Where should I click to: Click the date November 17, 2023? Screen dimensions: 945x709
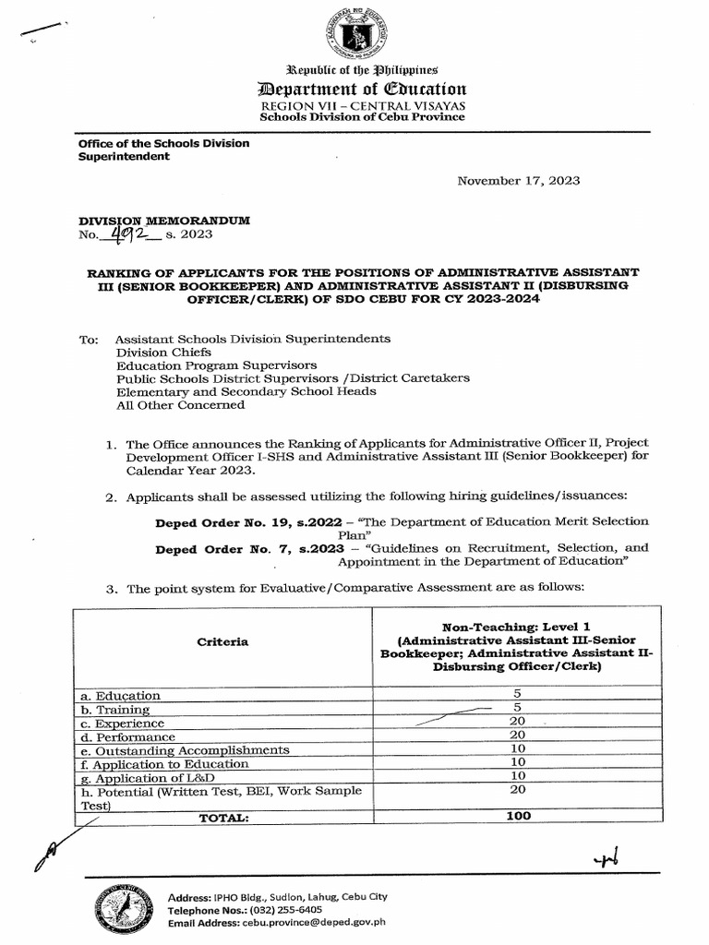click(x=519, y=181)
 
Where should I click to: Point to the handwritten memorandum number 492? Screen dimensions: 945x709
click(x=128, y=234)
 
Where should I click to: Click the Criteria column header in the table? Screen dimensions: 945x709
click(x=222, y=641)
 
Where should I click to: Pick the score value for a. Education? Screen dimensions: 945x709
click(x=517, y=695)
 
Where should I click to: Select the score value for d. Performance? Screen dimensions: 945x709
click(x=517, y=736)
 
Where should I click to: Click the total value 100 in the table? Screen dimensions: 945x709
click(x=517, y=816)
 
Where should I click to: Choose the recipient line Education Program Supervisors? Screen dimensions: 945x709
click(x=216, y=365)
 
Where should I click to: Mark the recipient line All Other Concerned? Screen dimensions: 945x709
click(x=180, y=404)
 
